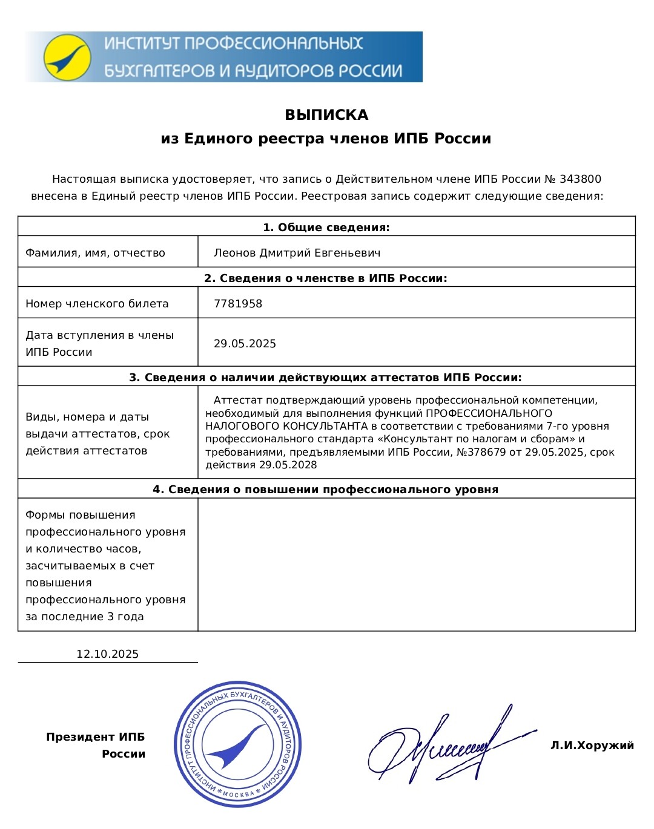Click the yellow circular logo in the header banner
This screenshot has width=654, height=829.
pyautogui.click(x=67, y=58)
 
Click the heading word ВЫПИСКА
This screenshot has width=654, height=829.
pyautogui.click(x=326, y=115)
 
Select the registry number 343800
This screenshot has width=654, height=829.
pyautogui.click(x=580, y=179)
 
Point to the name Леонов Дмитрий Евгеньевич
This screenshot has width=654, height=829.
pyautogui.click(x=297, y=253)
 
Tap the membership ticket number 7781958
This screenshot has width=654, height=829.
pyautogui.click(x=238, y=304)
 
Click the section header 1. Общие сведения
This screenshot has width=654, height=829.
pyautogui.click(x=326, y=228)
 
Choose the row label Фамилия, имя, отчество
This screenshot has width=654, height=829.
pyautogui.click(x=95, y=253)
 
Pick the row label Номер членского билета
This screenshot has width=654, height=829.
pyautogui.click(x=97, y=304)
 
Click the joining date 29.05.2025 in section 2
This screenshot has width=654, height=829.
pyautogui.click(x=245, y=344)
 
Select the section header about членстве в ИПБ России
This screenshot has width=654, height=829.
pyautogui.click(x=326, y=278)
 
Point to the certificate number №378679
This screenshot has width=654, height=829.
pyautogui.click(x=481, y=452)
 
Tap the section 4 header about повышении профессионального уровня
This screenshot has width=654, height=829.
pyautogui.click(x=326, y=490)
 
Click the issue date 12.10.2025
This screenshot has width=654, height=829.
pyautogui.click(x=107, y=654)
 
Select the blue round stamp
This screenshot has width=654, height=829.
pyautogui.click(x=237, y=744)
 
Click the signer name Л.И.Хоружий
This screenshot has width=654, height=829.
pyautogui.click(x=592, y=745)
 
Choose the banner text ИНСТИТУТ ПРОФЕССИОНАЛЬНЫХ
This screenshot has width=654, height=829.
pyautogui.click(x=233, y=44)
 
